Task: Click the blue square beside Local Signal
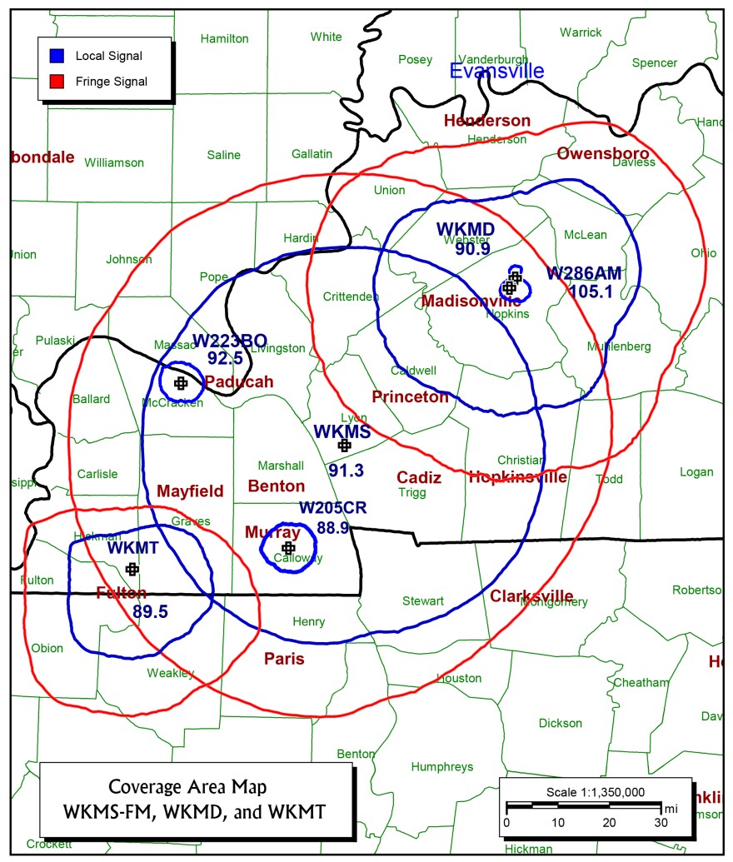[x=56, y=57]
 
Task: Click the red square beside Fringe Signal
[x=56, y=81]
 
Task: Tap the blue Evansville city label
[x=496, y=72]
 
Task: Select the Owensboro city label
[x=603, y=153]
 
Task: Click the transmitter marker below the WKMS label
[x=343, y=446]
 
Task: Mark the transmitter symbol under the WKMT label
[x=132, y=569]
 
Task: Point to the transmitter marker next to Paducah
[x=181, y=383]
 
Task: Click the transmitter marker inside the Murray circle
[x=288, y=548]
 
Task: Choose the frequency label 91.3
[x=346, y=471]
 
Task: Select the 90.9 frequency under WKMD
[x=472, y=247]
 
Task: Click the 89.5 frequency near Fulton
[x=150, y=611]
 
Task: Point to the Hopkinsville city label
[x=517, y=477]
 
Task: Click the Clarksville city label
[x=531, y=596]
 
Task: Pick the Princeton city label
[x=410, y=397]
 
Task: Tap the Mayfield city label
[x=190, y=491]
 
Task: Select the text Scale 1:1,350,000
[x=596, y=791]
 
